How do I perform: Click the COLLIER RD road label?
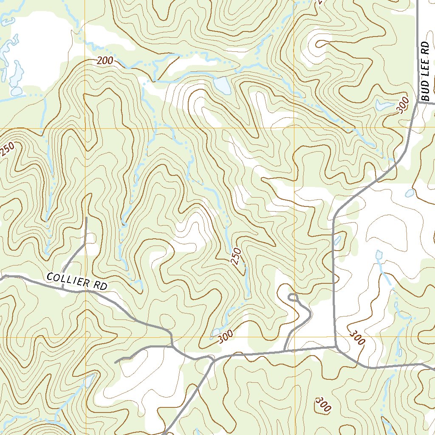click(76, 281)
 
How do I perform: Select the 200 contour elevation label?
click(105, 61)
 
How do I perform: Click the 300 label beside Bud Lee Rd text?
click(404, 105)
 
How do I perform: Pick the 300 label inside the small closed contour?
click(323, 405)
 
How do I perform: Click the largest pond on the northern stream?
click(222, 85)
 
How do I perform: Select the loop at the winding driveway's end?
click(293, 297)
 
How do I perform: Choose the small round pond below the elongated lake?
click(16, 91)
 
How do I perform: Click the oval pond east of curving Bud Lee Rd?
click(409, 193)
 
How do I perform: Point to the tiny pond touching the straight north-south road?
click(337, 241)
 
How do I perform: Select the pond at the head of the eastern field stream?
click(379, 255)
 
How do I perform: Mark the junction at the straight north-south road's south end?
click(336, 347)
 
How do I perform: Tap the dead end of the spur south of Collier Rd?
click(116, 362)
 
